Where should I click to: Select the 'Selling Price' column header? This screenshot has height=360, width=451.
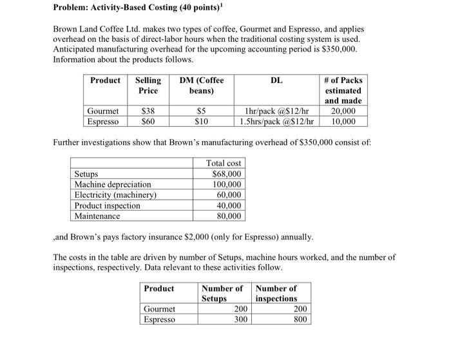[148, 85]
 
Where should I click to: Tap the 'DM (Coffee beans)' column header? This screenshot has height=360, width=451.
[201, 85]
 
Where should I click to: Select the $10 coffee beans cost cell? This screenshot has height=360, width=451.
[201, 121]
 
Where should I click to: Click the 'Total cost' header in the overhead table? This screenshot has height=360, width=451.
[224, 164]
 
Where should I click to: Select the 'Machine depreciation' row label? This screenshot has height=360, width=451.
[113, 184]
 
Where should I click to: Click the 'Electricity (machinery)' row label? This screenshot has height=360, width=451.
[115, 195]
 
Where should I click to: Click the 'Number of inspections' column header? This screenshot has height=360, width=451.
[276, 294]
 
